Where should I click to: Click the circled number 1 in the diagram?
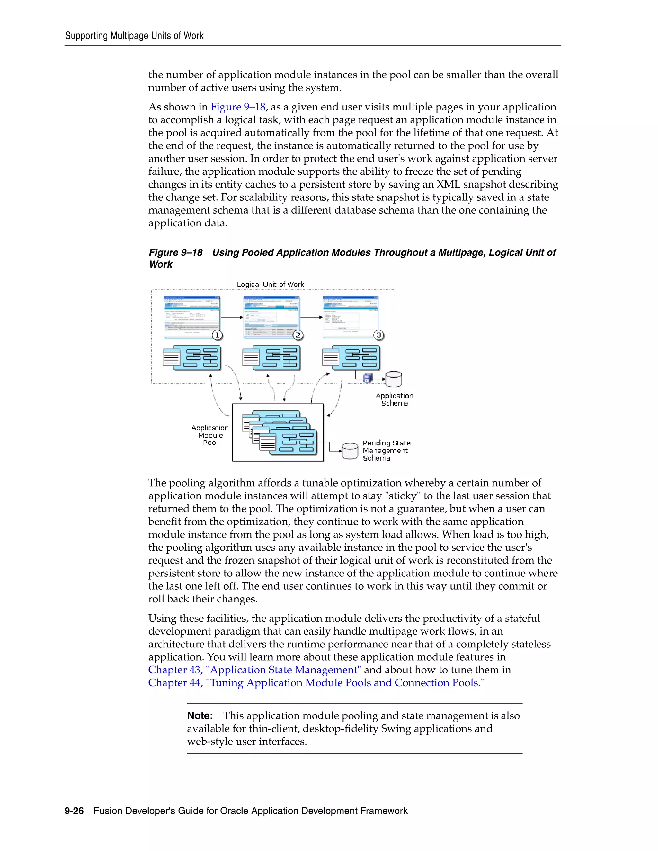click(218, 335)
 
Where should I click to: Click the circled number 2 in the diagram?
click(298, 335)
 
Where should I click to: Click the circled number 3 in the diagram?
click(378, 335)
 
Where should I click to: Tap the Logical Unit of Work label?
click(270, 285)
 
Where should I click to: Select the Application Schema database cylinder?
click(394, 379)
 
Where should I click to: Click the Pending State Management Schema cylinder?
click(350, 451)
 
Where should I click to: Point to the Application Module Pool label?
click(210, 435)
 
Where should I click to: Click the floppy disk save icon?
click(367, 378)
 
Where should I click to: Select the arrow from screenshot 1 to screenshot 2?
click(232, 317)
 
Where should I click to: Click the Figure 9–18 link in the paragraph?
click(238, 107)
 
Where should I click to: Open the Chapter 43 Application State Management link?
click(254, 670)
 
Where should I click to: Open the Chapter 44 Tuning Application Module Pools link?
click(316, 682)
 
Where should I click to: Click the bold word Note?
click(200, 715)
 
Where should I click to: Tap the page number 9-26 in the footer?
click(74, 811)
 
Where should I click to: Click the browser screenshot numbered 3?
click(350, 316)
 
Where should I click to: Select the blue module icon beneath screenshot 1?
click(197, 357)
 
